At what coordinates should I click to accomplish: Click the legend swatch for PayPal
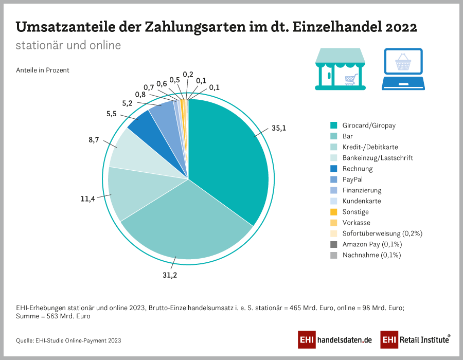point(334,179)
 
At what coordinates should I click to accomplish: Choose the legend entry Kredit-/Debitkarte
point(370,147)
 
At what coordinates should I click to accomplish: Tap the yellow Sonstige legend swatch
point(334,212)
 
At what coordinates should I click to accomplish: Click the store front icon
point(340,69)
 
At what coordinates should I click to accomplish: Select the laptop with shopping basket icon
point(403,69)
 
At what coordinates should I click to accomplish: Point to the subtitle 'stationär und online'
point(68,45)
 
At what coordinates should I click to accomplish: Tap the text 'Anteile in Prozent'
point(43,70)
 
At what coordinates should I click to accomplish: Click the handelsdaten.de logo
point(334,340)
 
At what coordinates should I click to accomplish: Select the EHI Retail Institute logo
point(415,340)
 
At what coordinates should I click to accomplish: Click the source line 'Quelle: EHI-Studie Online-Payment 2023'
point(69,340)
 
